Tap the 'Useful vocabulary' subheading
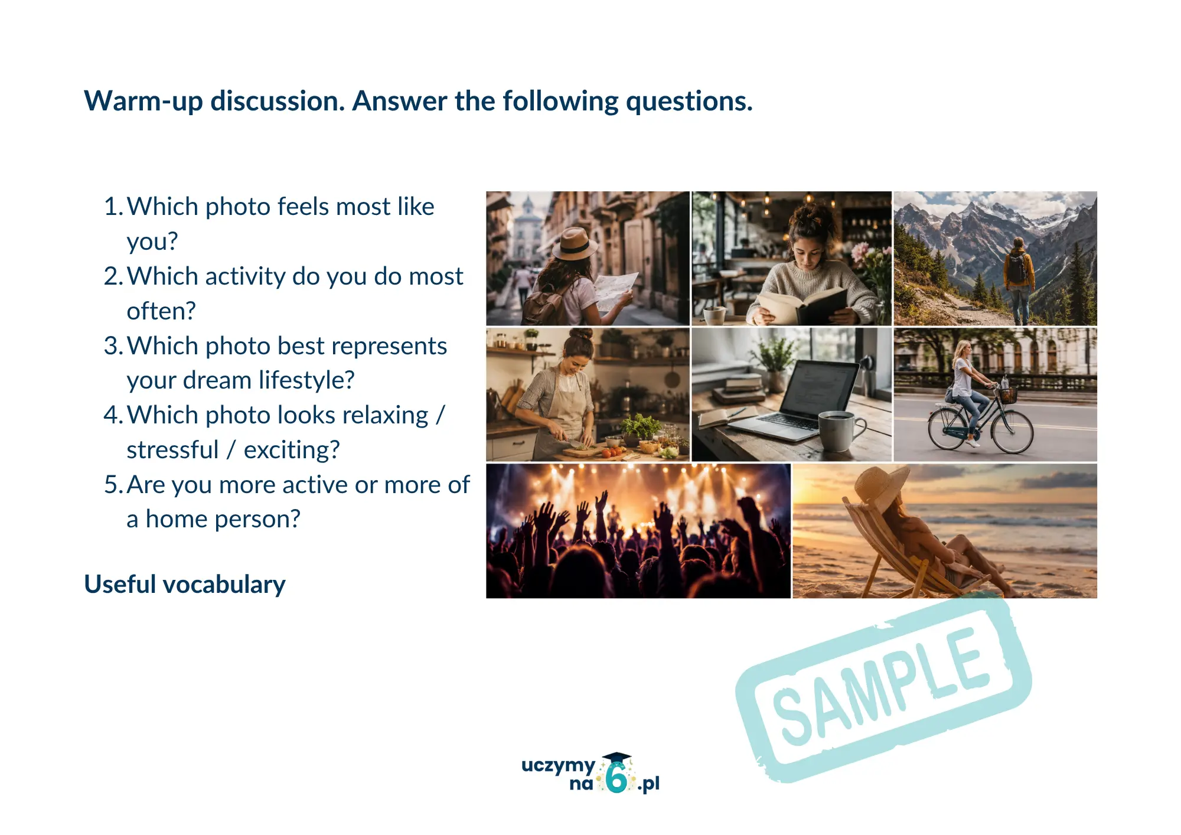tap(185, 585)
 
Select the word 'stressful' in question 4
tap(172, 450)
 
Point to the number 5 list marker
tap(112, 485)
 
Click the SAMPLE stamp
tap(883, 689)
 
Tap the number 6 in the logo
tap(617, 778)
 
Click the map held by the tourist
tap(615, 291)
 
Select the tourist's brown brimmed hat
tap(575, 243)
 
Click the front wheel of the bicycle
tap(1012, 432)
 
